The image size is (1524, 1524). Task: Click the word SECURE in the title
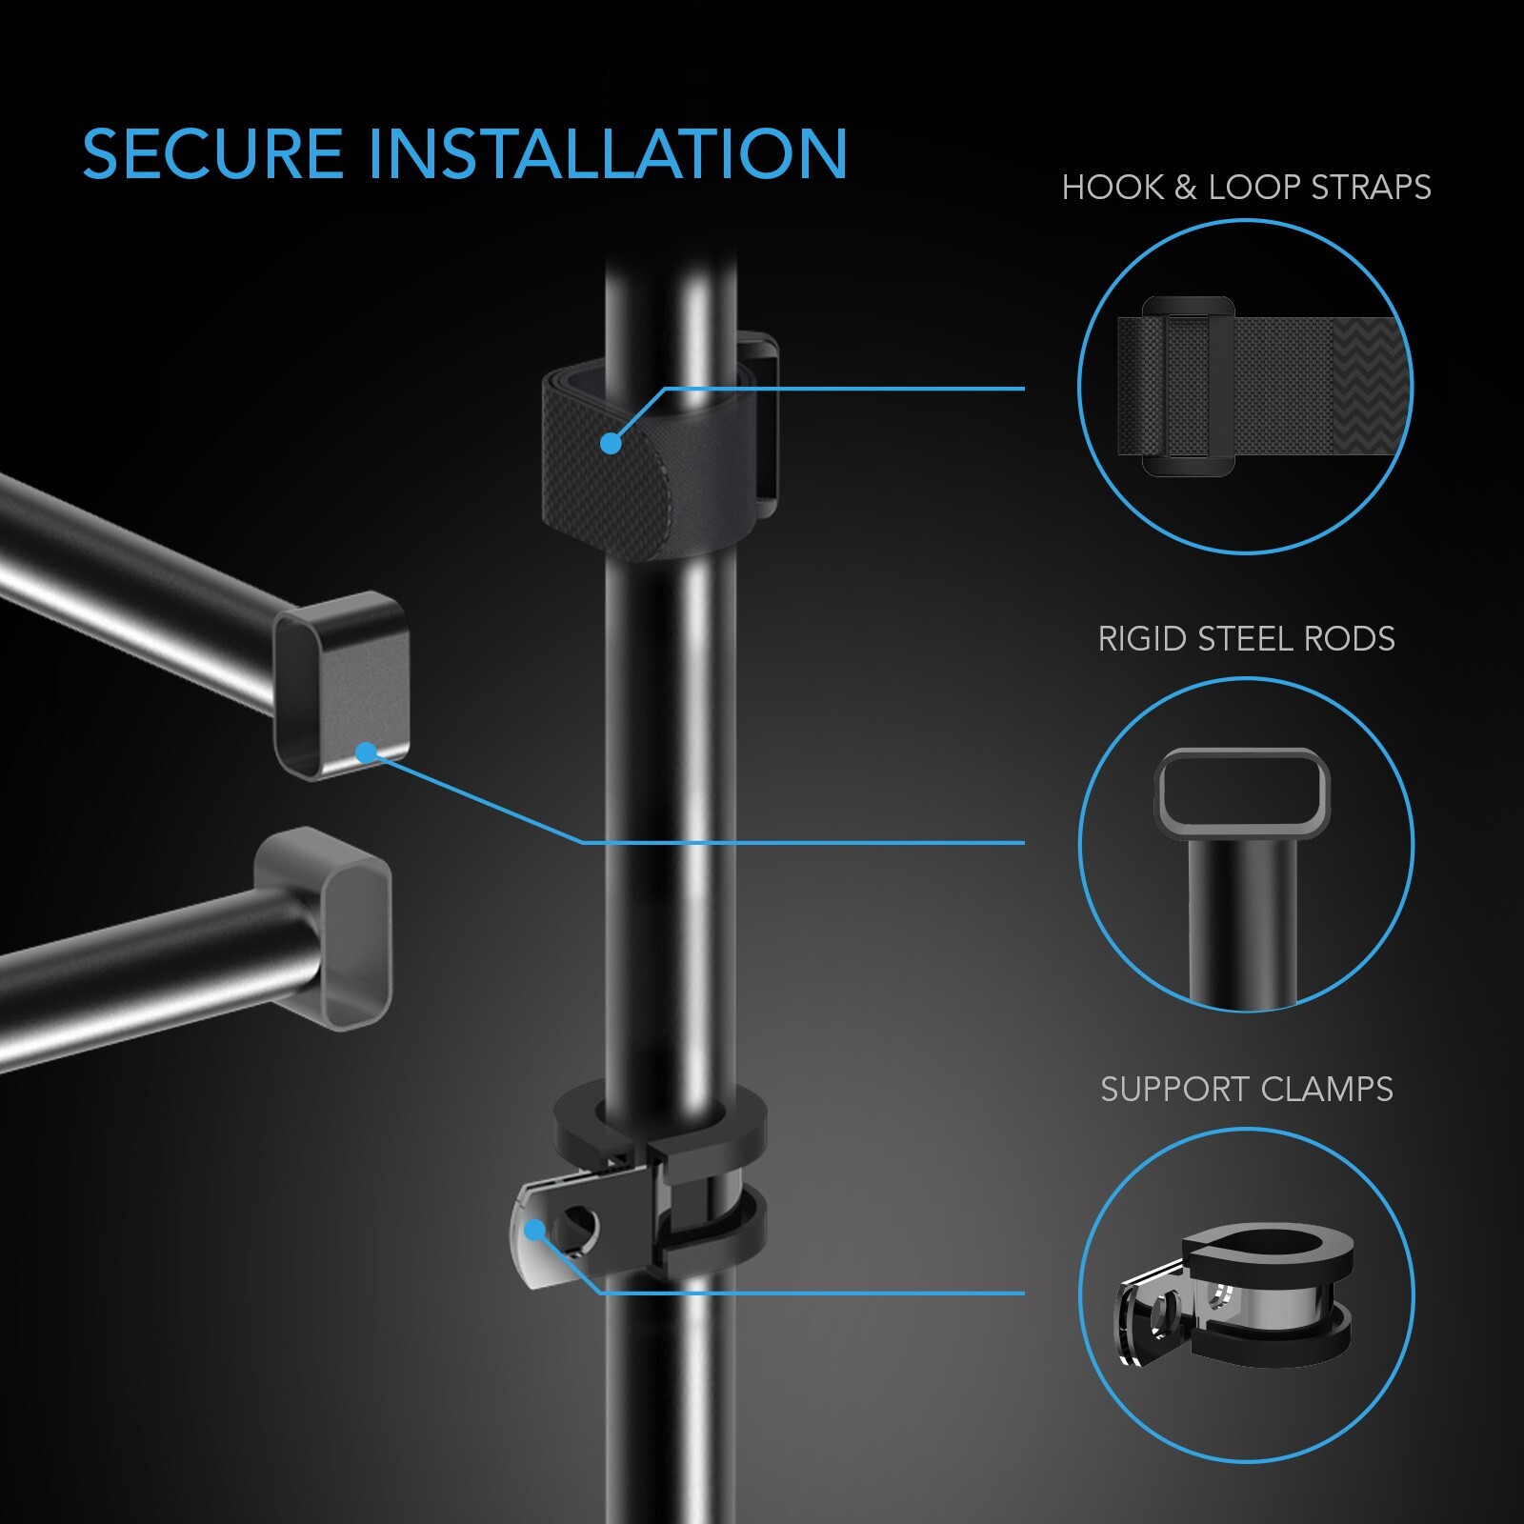211,154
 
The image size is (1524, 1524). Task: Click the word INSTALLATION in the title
607,154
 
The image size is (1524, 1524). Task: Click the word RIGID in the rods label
1142,639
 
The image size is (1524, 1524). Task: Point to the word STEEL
1244,639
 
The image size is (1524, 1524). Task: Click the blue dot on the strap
612,443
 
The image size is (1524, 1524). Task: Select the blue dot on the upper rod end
364,753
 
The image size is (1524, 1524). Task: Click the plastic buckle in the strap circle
1188,386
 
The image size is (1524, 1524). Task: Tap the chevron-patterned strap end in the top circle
1370,386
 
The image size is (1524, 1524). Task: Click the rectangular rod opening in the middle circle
1242,792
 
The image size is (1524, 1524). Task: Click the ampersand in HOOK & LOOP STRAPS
1185,188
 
